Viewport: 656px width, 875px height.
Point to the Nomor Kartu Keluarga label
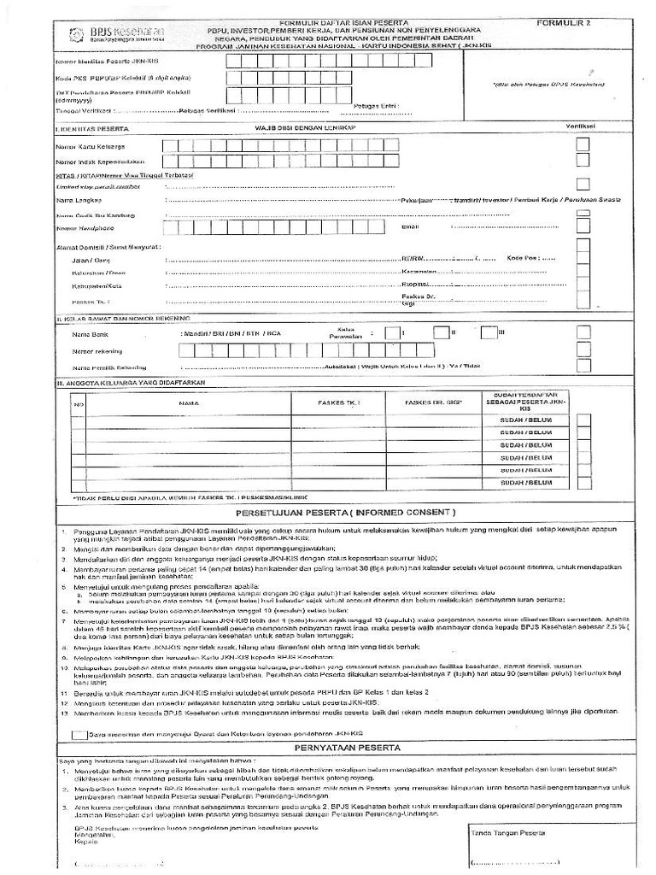pos(92,145)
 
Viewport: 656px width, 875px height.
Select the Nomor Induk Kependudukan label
pos(100,161)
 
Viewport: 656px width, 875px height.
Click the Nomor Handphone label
pos(85,228)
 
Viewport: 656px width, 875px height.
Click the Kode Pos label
pos(523,257)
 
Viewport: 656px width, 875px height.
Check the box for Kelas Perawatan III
pos(487,332)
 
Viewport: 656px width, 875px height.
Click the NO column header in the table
pos(78,402)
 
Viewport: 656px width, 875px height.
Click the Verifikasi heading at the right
pos(582,126)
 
